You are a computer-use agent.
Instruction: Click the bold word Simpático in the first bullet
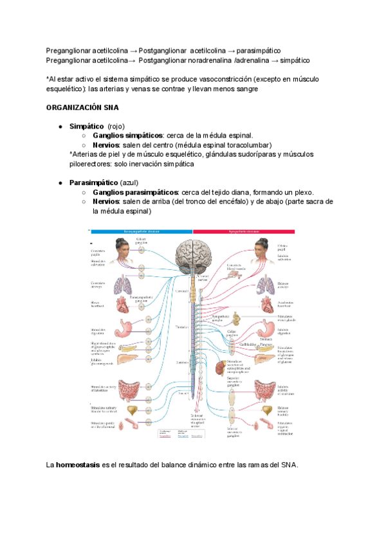tap(86, 127)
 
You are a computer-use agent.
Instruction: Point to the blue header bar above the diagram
tap(141, 231)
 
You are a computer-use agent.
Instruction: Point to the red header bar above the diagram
tap(244, 231)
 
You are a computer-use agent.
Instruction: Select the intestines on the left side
tap(122, 386)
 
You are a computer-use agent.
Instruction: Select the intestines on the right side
tap(263, 387)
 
